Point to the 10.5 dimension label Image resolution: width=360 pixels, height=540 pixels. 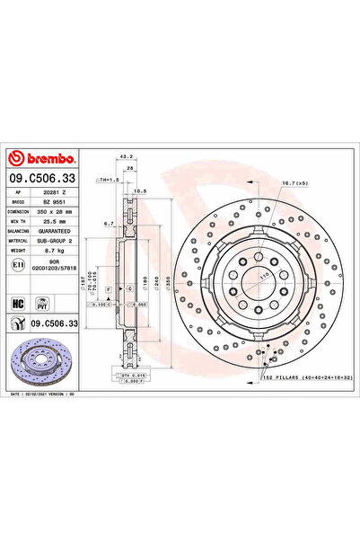coord(141,191)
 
